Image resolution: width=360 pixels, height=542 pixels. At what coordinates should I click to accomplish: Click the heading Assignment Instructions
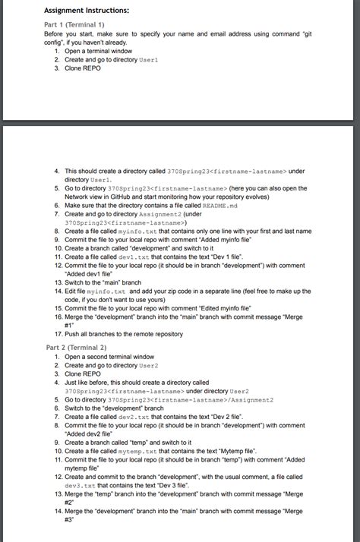(87, 10)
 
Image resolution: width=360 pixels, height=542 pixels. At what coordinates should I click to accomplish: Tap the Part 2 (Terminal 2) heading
(76, 347)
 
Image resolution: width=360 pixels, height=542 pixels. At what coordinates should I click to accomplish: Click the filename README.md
(219, 205)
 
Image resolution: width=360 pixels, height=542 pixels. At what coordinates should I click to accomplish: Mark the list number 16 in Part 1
(58, 317)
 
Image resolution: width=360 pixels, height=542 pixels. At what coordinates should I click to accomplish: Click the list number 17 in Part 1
(58, 334)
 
